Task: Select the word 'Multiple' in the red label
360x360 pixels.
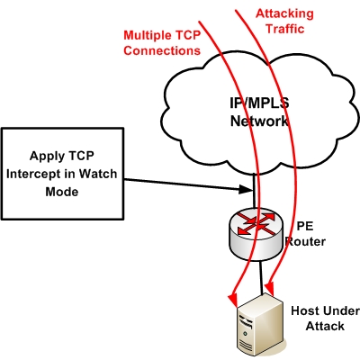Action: click(x=147, y=35)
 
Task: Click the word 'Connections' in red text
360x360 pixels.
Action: click(x=161, y=50)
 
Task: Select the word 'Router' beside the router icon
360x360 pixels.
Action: click(x=306, y=243)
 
